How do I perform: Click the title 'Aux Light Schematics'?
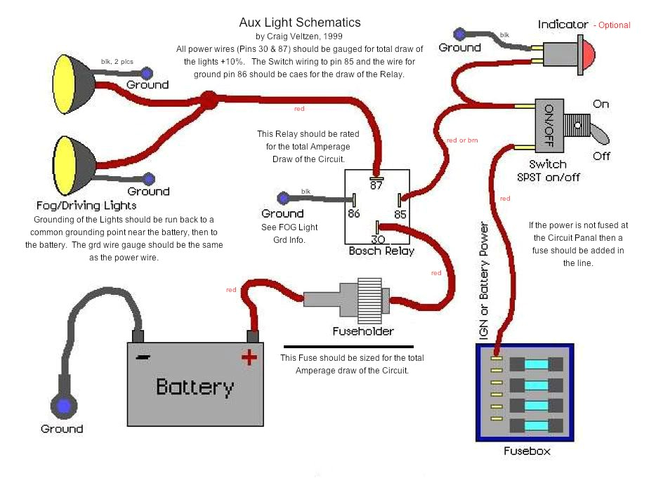300,23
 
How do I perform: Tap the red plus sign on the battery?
249,358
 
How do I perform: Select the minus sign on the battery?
143,357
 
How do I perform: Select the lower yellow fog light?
70,166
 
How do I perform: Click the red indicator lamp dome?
586,53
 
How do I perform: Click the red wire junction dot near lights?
208,100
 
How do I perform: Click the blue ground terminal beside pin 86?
283,198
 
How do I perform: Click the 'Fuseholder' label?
363,331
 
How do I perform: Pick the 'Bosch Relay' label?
381,251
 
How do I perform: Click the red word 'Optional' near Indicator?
614,25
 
